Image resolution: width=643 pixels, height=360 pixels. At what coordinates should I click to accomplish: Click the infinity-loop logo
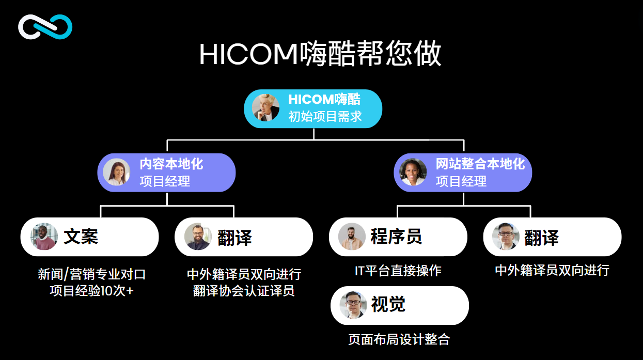(45, 27)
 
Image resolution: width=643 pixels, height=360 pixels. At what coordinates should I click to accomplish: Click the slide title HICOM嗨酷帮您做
(320, 54)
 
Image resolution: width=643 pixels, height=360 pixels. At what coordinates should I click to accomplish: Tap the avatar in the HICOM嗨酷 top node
(265, 108)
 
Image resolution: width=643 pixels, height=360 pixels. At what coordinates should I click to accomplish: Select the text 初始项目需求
(325, 117)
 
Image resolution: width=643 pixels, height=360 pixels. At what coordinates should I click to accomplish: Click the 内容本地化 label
(171, 164)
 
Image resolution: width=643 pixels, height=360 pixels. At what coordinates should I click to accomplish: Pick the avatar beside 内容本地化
(117, 172)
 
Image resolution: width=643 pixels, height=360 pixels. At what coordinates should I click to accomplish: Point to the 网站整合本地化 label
(480, 164)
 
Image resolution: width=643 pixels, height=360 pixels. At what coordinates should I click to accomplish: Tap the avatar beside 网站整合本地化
(413, 172)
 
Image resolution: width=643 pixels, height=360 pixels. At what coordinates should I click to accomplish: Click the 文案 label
(81, 237)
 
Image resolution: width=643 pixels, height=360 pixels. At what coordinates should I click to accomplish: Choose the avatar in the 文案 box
(44, 237)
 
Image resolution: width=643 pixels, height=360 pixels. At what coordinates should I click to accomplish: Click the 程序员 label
(397, 237)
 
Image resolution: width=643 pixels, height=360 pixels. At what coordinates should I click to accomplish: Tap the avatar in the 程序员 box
(352, 237)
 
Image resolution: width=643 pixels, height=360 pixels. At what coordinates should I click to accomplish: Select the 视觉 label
(388, 304)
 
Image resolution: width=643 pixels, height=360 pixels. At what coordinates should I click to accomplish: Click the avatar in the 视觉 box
(353, 305)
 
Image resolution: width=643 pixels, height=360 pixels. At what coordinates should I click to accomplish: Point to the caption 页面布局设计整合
(399, 340)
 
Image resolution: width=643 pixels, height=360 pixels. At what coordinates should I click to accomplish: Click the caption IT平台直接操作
(398, 271)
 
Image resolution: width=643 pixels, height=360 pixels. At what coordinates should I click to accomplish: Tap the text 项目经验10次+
(91, 291)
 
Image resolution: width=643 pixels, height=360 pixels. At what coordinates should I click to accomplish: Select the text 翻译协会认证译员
(244, 291)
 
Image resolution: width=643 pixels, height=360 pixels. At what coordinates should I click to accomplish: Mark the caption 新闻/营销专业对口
(92, 274)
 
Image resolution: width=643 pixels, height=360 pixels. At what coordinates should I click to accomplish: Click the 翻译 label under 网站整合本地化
(542, 238)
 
